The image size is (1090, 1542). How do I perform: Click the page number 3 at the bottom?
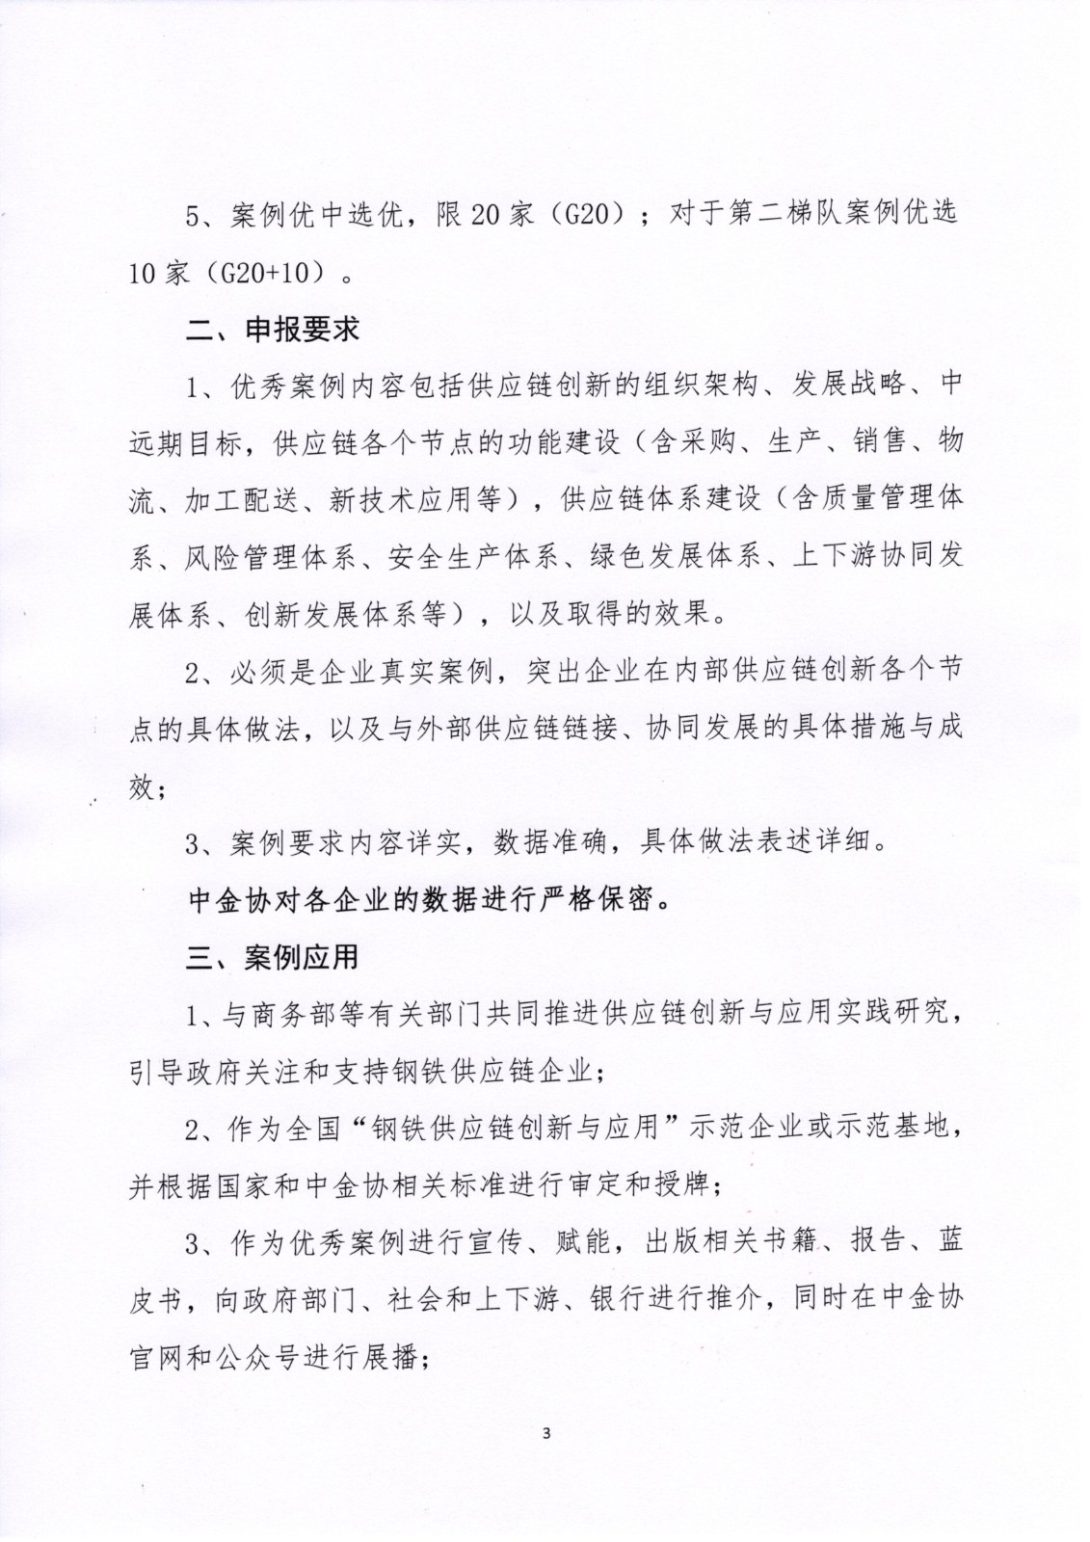546,1432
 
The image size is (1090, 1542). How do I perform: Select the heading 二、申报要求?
273,330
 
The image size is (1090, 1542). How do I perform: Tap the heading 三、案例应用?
273,957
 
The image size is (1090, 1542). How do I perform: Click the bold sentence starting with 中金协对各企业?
431,900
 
